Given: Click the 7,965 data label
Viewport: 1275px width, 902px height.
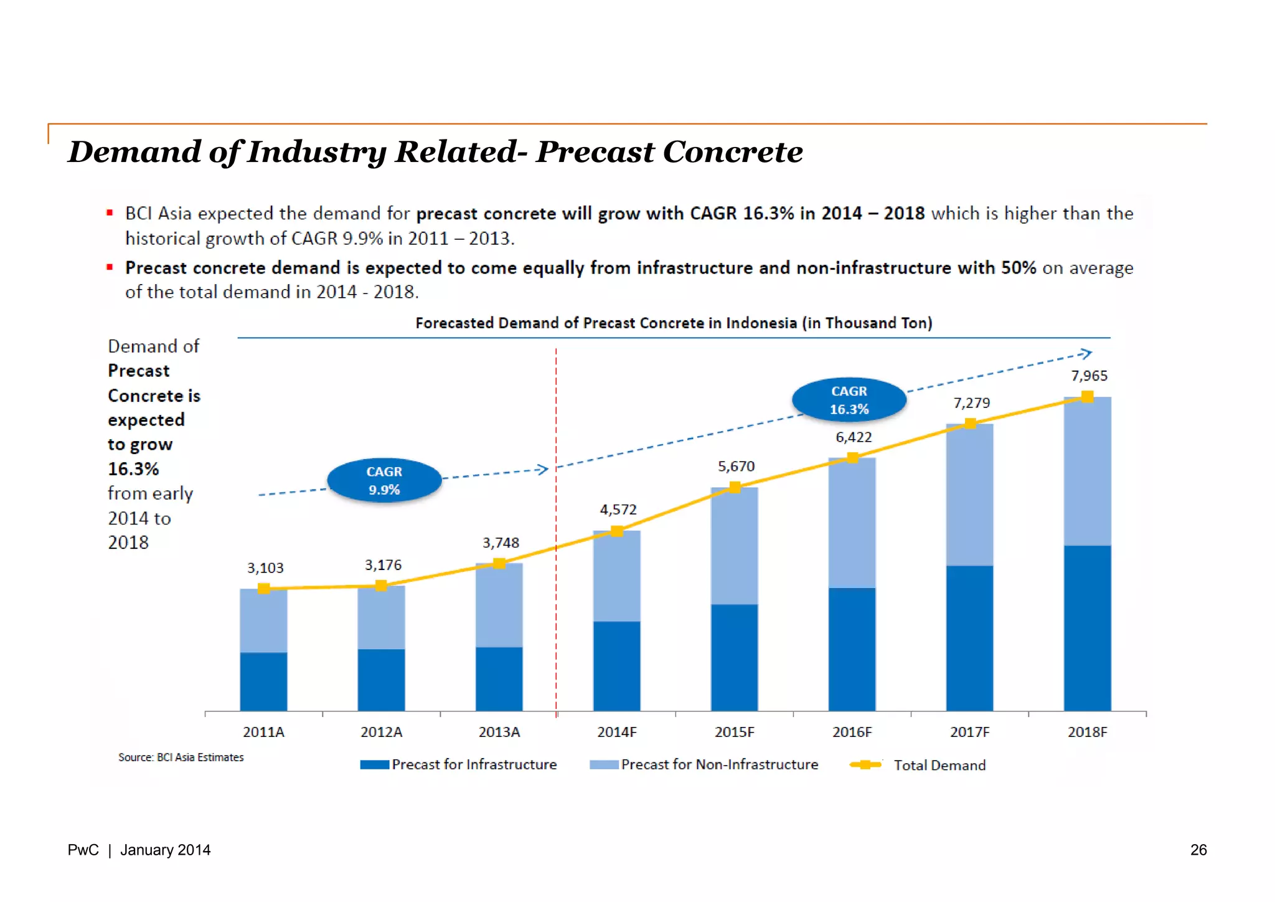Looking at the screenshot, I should tap(1089, 376).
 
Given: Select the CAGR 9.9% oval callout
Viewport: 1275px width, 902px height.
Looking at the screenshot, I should tap(384, 480).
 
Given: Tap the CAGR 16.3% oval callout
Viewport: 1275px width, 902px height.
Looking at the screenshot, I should tap(849, 400).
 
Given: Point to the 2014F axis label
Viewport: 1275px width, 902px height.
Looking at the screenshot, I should tap(616, 732).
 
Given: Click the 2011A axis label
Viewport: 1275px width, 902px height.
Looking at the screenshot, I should tap(263, 732).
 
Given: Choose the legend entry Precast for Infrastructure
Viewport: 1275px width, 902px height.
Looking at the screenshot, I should tap(459, 764).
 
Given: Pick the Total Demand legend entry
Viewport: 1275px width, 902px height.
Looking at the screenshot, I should tap(919, 765).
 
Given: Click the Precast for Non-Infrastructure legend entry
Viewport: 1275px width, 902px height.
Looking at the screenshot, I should tap(704, 764).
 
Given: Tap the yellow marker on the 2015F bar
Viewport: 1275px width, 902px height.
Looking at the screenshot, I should tap(735, 487).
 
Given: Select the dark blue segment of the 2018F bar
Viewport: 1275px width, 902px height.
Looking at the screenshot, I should tap(1087, 628).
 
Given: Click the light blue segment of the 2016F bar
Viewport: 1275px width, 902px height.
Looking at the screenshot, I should tap(852, 523).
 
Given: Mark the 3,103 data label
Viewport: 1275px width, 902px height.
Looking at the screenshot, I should tap(265, 568).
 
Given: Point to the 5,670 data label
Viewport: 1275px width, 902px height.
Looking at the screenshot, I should tap(736, 467).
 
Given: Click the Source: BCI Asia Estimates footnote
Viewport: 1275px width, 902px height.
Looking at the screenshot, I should tap(181, 757).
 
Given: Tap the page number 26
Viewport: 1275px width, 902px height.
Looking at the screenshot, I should tap(1198, 850).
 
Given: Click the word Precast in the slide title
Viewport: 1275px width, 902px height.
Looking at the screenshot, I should tap(594, 152).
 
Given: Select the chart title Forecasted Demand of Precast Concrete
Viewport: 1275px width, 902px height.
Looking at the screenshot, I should tap(674, 323).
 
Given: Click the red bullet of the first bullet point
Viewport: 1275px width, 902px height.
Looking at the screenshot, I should tap(110, 213).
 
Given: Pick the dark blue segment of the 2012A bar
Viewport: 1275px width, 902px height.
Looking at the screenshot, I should tap(381, 680).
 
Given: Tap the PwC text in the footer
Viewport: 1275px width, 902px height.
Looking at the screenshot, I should tap(83, 850).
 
